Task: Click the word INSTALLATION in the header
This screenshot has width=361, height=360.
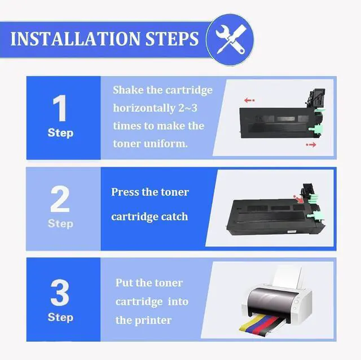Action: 75,39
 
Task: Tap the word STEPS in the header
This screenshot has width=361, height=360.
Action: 171,39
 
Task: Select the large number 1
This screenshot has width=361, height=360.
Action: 60,108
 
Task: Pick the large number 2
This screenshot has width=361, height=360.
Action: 60,199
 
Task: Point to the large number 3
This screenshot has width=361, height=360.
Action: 60,292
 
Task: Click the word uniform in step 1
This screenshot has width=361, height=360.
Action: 165,144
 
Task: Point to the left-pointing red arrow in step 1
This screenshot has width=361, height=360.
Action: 249,100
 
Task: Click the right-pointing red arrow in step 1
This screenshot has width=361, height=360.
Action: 311,145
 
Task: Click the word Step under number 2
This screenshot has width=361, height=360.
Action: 60,224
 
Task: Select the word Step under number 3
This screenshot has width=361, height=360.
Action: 60,317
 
